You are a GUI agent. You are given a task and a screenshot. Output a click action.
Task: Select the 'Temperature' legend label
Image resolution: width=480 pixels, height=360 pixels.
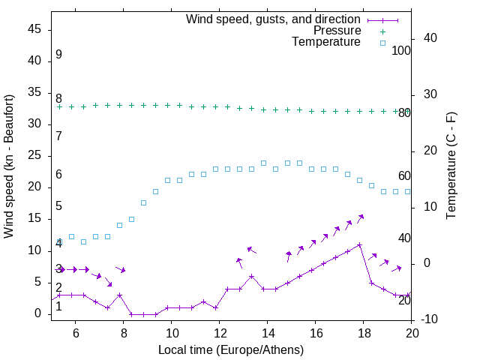326,42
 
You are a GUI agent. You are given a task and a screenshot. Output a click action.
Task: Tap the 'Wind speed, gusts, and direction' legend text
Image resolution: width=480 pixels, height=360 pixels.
274,19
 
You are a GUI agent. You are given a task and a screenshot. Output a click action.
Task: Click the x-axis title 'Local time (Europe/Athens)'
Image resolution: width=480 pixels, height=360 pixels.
232,349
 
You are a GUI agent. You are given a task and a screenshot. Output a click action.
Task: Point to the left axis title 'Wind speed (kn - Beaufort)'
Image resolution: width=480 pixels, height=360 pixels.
9,166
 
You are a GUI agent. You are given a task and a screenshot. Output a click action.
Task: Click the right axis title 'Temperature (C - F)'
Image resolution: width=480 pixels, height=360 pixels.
451,166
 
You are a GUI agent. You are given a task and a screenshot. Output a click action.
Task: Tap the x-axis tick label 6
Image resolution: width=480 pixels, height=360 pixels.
76,330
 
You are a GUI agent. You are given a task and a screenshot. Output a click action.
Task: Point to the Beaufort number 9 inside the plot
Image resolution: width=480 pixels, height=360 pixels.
58,55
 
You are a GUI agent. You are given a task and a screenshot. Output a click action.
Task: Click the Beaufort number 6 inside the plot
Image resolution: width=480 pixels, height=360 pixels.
58,175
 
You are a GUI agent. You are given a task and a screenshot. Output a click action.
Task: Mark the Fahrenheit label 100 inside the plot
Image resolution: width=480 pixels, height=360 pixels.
401,50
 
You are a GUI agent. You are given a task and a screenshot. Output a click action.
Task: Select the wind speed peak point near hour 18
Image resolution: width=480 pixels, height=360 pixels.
360,244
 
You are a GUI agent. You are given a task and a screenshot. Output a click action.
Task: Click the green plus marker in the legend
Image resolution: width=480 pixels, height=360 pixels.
382,31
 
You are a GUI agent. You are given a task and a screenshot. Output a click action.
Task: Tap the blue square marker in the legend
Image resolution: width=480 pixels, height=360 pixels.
382,43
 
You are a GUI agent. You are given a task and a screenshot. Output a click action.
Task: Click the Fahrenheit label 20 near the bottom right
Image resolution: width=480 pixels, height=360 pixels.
404,301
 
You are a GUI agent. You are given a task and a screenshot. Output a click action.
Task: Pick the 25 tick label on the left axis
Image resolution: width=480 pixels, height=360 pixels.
35,155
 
